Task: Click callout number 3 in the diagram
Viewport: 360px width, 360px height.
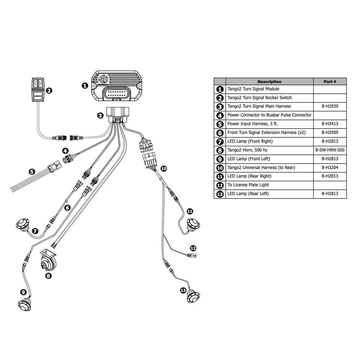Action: click(x=100, y=115)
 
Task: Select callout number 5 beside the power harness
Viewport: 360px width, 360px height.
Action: click(x=31, y=172)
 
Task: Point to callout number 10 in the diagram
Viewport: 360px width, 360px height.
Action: click(x=163, y=168)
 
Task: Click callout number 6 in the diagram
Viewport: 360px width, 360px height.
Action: click(x=67, y=207)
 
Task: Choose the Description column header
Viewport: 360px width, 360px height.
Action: click(x=269, y=82)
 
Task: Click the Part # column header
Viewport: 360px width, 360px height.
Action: click(x=330, y=82)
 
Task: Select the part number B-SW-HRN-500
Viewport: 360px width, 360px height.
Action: click(x=330, y=150)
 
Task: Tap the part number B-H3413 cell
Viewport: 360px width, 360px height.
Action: click(x=330, y=123)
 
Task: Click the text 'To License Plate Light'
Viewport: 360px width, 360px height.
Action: click(x=248, y=185)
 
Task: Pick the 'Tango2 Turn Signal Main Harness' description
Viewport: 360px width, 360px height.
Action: click(x=259, y=106)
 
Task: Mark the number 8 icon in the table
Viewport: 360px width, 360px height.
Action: click(x=220, y=150)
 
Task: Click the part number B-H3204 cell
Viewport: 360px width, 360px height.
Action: click(x=330, y=168)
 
